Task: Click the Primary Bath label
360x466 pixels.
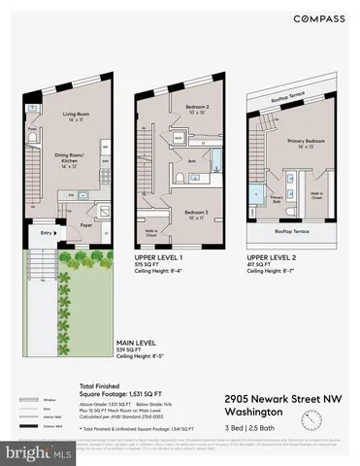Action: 277,198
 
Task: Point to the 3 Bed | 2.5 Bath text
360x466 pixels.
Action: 252,427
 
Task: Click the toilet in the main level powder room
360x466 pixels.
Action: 32,141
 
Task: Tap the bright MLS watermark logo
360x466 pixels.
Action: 29,452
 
